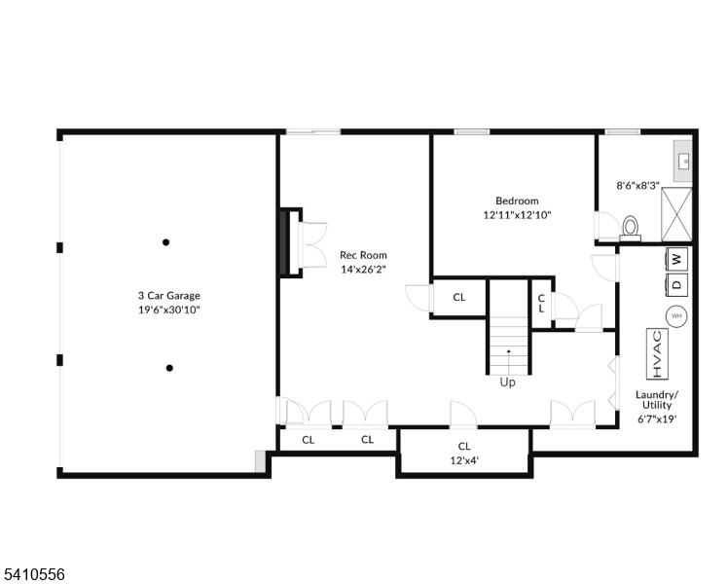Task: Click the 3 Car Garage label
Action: (x=169, y=296)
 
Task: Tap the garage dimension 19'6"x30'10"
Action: (x=169, y=310)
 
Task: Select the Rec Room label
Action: (x=363, y=255)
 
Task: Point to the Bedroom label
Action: (x=517, y=201)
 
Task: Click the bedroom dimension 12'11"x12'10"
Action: (x=517, y=215)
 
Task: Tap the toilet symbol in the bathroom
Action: (x=630, y=229)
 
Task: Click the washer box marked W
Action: (x=677, y=259)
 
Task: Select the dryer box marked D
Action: (x=677, y=283)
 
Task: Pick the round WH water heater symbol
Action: (x=676, y=316)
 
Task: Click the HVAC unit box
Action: (x=657, y=353)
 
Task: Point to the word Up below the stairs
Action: (x=507, y=383)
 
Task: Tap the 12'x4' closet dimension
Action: (x=464, y=460)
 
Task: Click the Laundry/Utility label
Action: (x=657, y=400)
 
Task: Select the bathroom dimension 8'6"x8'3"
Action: (x=637, y=186)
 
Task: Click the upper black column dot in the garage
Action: (x=165, y=241)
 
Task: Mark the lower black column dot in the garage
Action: (x=169, y=368)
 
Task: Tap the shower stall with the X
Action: (x=676, y=214)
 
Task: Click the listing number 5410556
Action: (x=33, y=574)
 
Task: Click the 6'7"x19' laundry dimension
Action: (x=657, y=419)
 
